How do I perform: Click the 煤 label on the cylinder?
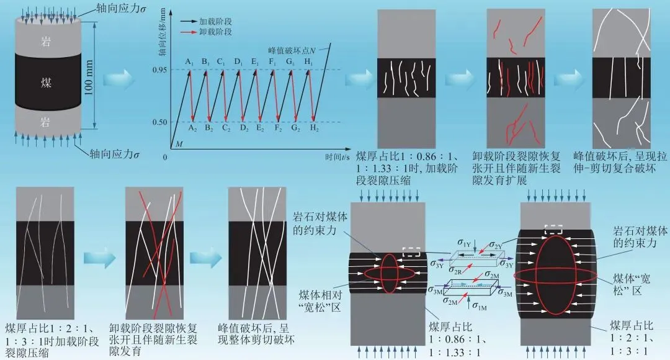pyautogui.click(x=46, y=83)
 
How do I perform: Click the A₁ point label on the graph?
pyautogui.click(x=190, y=61)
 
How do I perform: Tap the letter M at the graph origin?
pyautogui.click(x=179, y=145)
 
